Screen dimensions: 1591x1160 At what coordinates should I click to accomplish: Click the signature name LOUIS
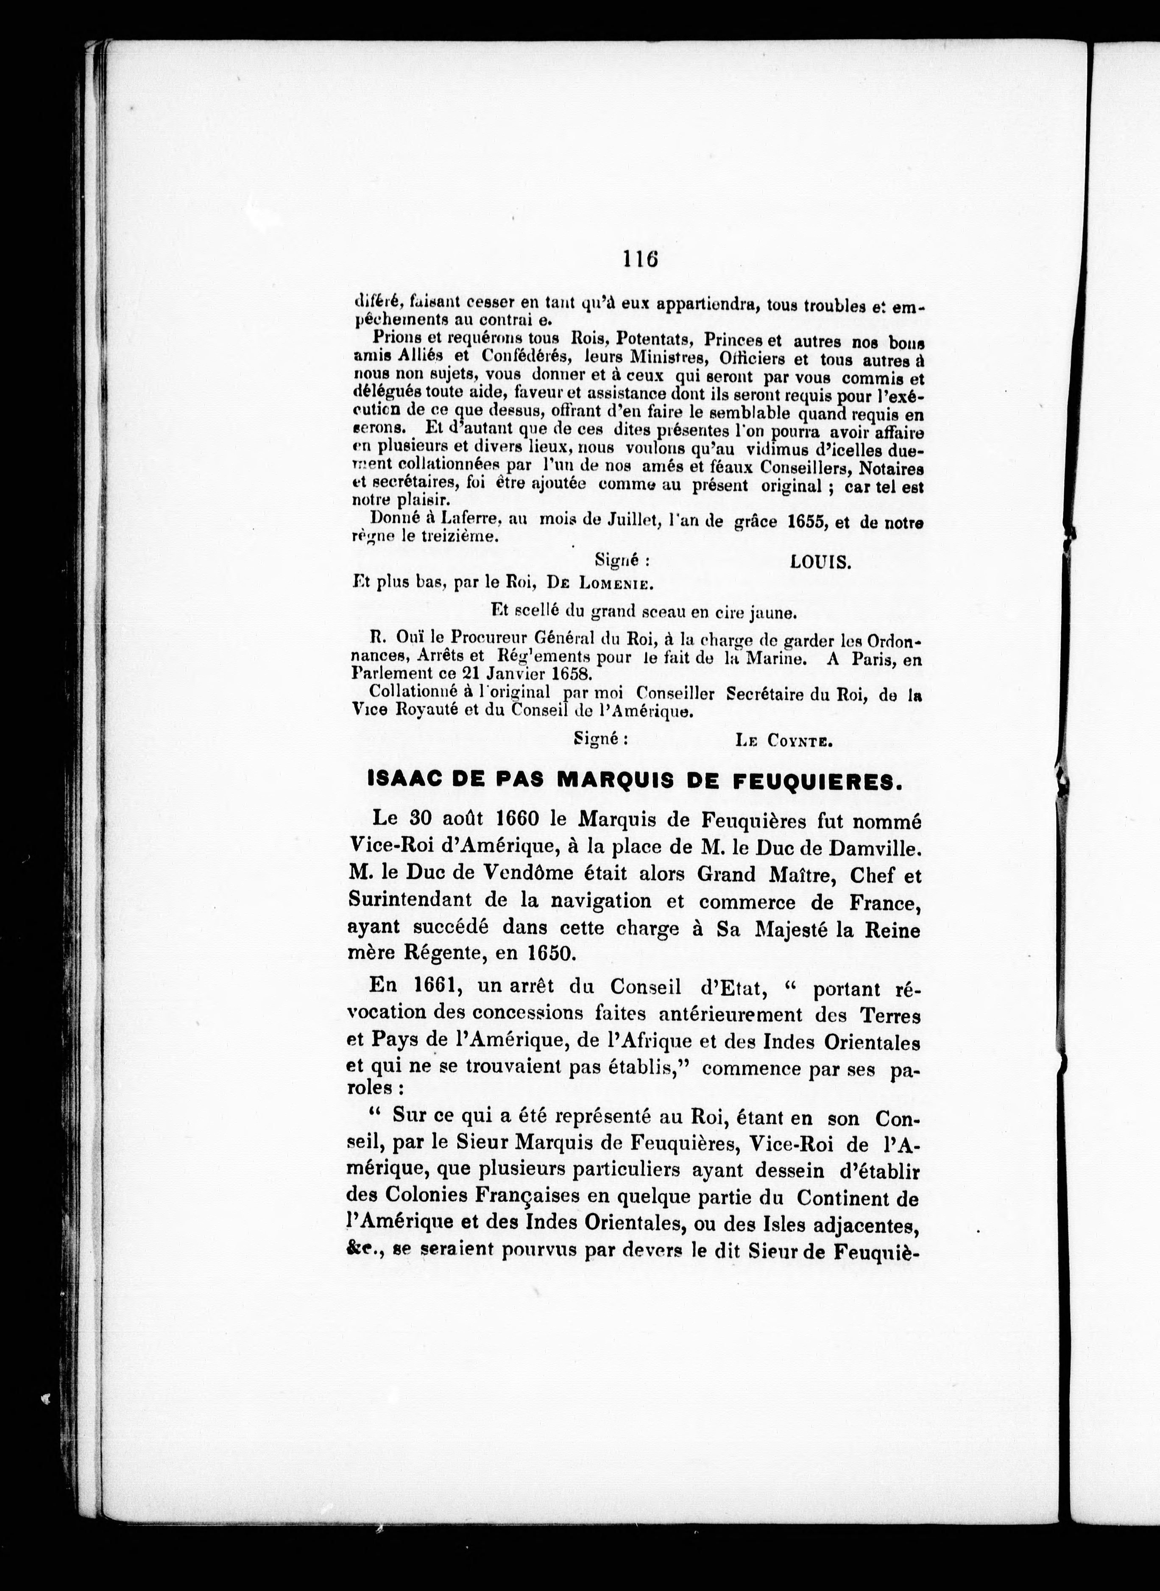(820, 562)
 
